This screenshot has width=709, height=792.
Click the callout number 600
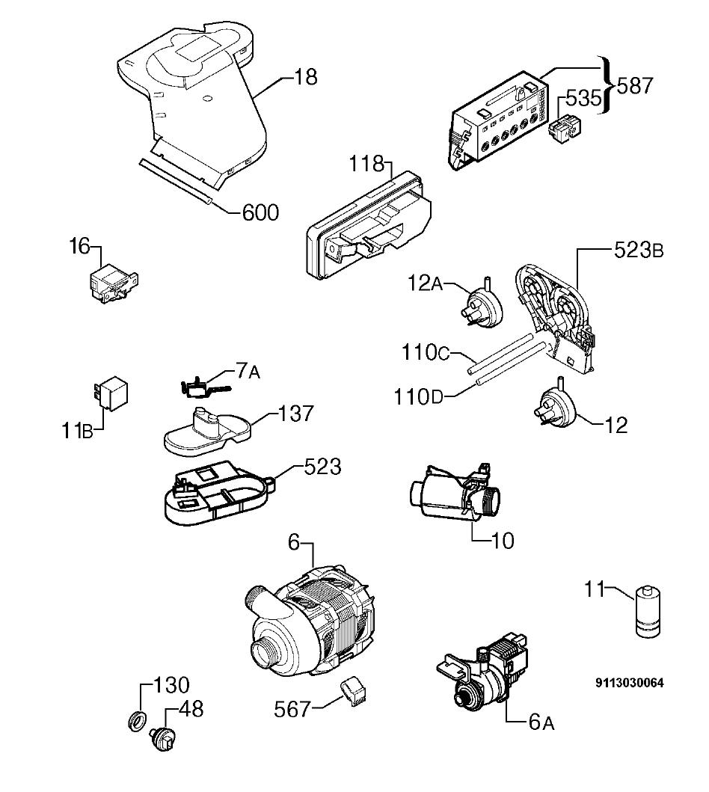coord(260,212)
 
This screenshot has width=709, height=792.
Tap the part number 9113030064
coord(630,683)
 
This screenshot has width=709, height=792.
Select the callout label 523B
coord(638,251)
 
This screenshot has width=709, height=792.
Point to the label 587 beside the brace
coord(635,86)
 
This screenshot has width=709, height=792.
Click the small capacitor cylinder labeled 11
coord(647,612)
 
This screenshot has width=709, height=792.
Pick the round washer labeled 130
coord(137,719)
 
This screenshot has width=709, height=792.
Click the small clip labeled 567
coord(354,692)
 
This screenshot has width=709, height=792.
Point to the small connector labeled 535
coord(562,127)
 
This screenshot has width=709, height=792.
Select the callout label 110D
coord(418,398)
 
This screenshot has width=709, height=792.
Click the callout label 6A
coord(541,722)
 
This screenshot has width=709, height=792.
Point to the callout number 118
coord(366,164)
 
